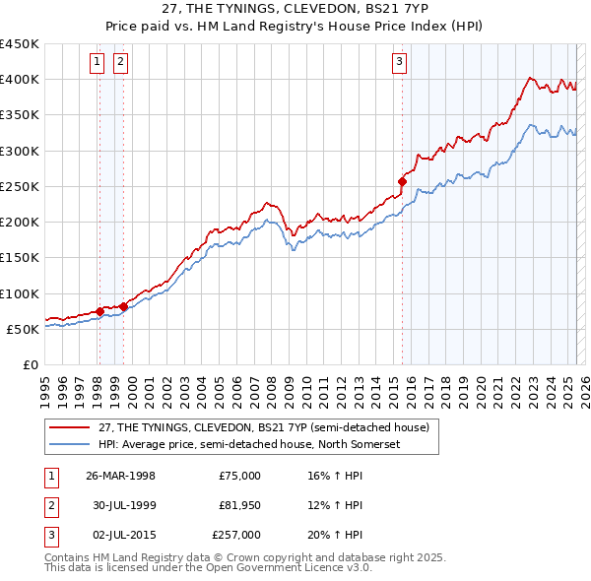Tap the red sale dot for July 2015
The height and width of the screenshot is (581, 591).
402,181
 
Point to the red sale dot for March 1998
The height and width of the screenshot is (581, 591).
99,311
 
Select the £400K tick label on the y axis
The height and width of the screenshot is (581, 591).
19,79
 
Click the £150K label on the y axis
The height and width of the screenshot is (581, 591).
19,257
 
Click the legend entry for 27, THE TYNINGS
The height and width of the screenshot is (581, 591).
263,428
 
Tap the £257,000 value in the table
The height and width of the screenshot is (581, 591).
236,535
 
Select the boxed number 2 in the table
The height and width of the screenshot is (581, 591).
50,505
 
